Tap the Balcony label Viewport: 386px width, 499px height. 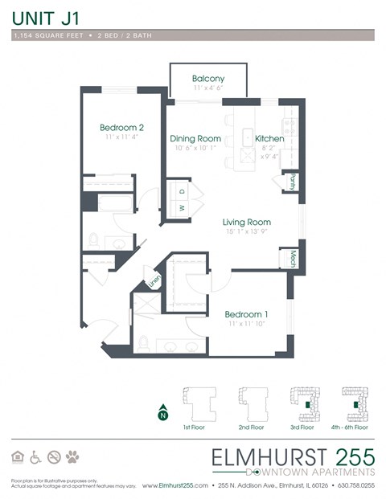(x=207, y=78)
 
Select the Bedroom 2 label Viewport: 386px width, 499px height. (x=122, y=128)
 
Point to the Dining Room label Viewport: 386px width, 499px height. (x=195, y=138)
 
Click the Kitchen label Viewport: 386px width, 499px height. (x=269, y=138)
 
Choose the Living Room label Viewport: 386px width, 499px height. (x=247, y=222)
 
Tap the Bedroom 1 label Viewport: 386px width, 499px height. (x=246, y=313)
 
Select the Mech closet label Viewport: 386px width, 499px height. (x=294, y=259)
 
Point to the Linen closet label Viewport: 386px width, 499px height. (x=154, y=282)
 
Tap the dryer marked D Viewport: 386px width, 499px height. (x=182, y=191)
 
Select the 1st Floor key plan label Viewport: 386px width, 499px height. (x=195, y=428)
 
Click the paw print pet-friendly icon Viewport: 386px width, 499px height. (x=72, y=457)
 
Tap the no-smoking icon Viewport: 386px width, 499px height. (x=54, y=457)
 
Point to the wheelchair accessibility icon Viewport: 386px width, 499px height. (x=35, y=457)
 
